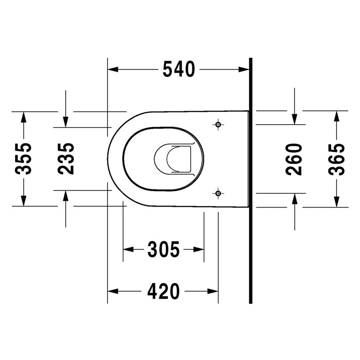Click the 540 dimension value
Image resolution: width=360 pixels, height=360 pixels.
[179, 69]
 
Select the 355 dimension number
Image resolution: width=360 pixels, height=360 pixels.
[23, 159]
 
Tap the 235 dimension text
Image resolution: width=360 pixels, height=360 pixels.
[66, 159]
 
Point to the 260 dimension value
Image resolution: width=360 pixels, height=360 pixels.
[294, 160]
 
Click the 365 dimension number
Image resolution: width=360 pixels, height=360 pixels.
[336, 160]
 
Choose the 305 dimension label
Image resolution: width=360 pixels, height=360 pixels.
[163, 249]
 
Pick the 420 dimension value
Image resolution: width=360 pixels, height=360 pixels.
[163, 291]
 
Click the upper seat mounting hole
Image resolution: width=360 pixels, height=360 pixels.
[218, 125]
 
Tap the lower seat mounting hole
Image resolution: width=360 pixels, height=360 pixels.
[218, 193]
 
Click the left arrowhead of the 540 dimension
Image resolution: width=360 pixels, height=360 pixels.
[113, 69]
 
